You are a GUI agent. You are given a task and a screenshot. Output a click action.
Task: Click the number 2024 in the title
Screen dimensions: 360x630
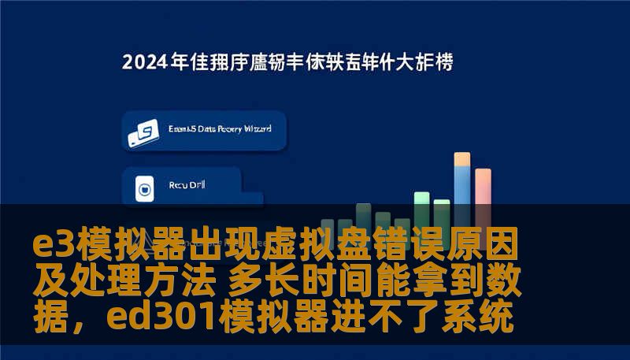pyautogui.click(x=145, y=62)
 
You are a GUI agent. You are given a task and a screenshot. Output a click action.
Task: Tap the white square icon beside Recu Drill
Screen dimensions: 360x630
pyautogui.click(x=144, y=187)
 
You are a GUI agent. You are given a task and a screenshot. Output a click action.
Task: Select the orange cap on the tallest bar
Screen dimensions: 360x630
pyautogui.click(x=462, y=158)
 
